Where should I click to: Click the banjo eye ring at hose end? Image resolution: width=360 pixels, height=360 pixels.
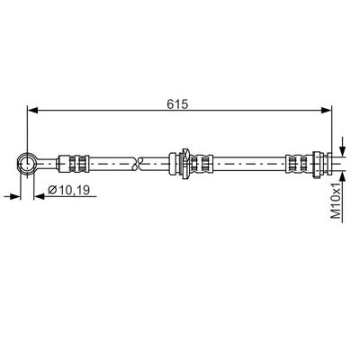pyautogui.click(x=27, y=163)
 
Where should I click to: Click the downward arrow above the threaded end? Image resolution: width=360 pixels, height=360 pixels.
pyautogui.click(x=342, y=150)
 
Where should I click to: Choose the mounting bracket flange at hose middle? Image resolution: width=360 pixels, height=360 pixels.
pyautogui.click(x=184, y=163)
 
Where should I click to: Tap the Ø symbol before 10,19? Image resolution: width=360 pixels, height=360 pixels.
pyautogui.click(x=51, y=191)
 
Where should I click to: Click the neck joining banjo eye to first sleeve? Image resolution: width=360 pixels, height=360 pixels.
pyautogui.click(x=49, y=163)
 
